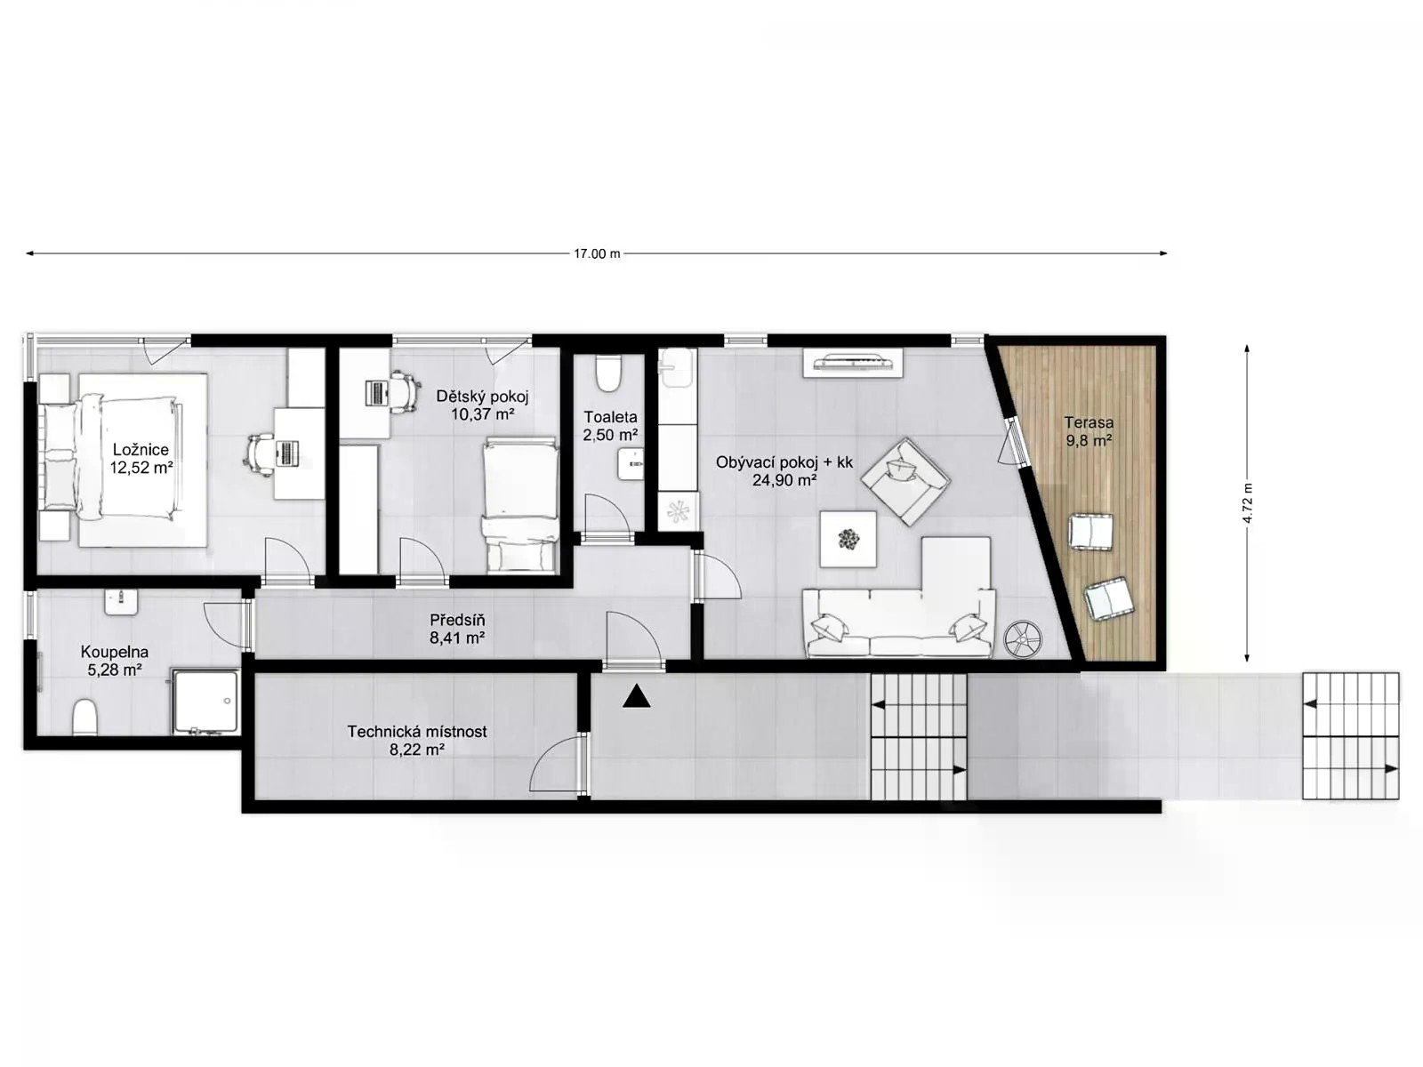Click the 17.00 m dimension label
(597, 254)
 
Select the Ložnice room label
(141, 449)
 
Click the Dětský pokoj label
(482, 396)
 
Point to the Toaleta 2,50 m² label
(610, 426)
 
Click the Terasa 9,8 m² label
(1089, 431)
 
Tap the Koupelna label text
(115, 652)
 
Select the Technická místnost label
(417, 732)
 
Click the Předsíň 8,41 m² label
(457, 629)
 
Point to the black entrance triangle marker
(636, 696)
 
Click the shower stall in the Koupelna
(205, 702)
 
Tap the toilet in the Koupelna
(84, 717)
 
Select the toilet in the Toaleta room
(608, 373)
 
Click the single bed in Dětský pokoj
(520, 505)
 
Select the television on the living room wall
(853, 362)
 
